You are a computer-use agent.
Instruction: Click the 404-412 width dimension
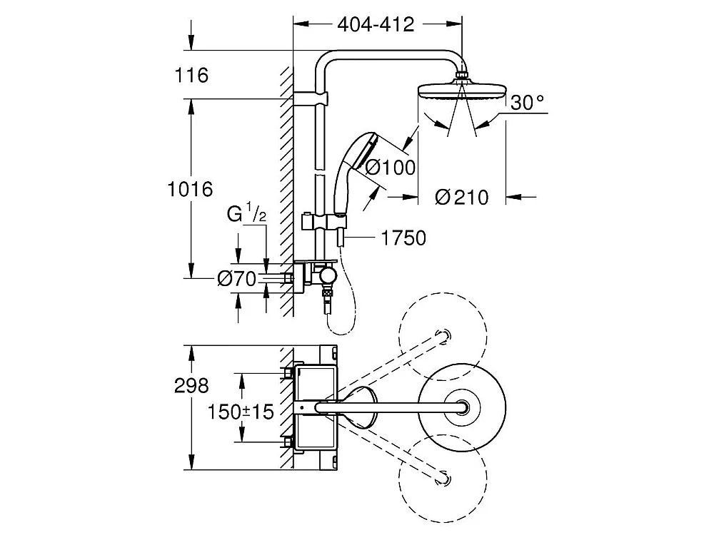376,24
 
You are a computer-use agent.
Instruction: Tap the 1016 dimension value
190,189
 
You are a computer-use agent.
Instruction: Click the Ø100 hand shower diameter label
390,168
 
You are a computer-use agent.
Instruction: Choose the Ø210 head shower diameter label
462,197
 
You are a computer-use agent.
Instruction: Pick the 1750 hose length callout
404,238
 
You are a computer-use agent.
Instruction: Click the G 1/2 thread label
247,213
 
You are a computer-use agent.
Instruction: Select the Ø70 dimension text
236,279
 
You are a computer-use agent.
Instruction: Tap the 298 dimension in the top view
191,385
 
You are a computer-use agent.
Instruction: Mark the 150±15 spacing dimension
241,412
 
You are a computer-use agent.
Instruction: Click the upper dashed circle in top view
443,335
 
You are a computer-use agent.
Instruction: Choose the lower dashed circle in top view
443,477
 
